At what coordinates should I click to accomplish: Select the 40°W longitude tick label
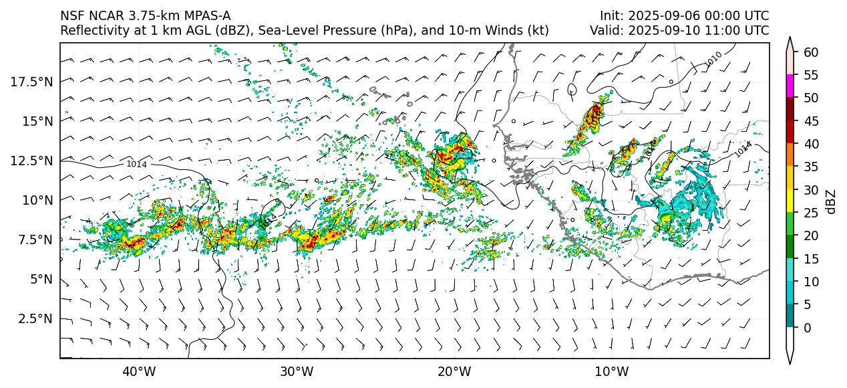[x=139, y=371]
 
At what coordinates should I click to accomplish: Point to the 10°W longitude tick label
[x=611, y=371]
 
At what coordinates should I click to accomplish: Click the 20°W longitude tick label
[x=454, y=371]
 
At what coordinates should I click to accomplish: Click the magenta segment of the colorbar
[x=790, y=86]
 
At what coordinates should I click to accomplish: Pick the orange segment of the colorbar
[x=790, y=155]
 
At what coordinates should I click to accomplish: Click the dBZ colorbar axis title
[x=831, y=201]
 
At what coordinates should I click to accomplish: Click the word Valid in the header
[x=605, y=31]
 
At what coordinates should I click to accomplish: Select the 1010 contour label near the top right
[x=713, y=59]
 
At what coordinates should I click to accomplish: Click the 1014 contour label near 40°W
[x=137, y=164]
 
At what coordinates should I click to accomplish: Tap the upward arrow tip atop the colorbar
[x=790, y=40]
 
